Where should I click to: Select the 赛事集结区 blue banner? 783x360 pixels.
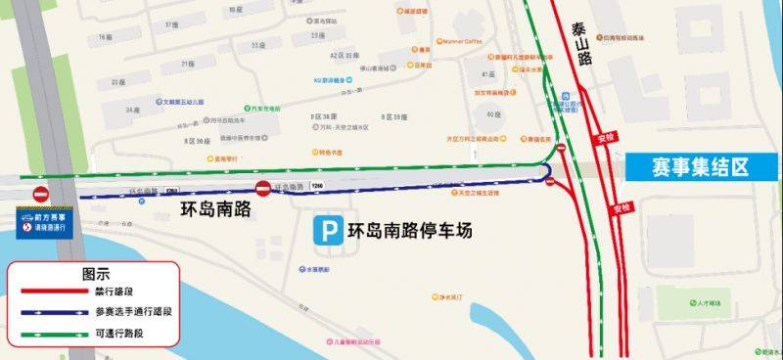coord(700,167)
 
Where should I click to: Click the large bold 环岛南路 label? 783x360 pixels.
coord(216,209)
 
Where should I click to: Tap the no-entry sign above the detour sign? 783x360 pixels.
coord(41,194)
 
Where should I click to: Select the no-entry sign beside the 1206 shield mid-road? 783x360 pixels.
coord(263,188)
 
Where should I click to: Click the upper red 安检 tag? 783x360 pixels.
coord(603,137)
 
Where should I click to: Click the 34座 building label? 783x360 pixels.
coord(132,110)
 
